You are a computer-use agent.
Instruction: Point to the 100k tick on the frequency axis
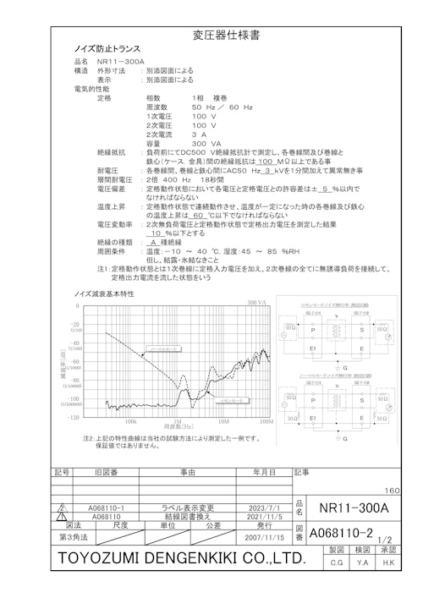[x=131, y=420]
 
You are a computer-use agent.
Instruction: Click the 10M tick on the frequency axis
[x=222, y=420]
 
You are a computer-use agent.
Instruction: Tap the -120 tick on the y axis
[x=74, y=417]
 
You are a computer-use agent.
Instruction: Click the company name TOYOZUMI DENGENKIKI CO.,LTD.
[x=181, y=559]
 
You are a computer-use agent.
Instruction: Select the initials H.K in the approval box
[x=389, y=562]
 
